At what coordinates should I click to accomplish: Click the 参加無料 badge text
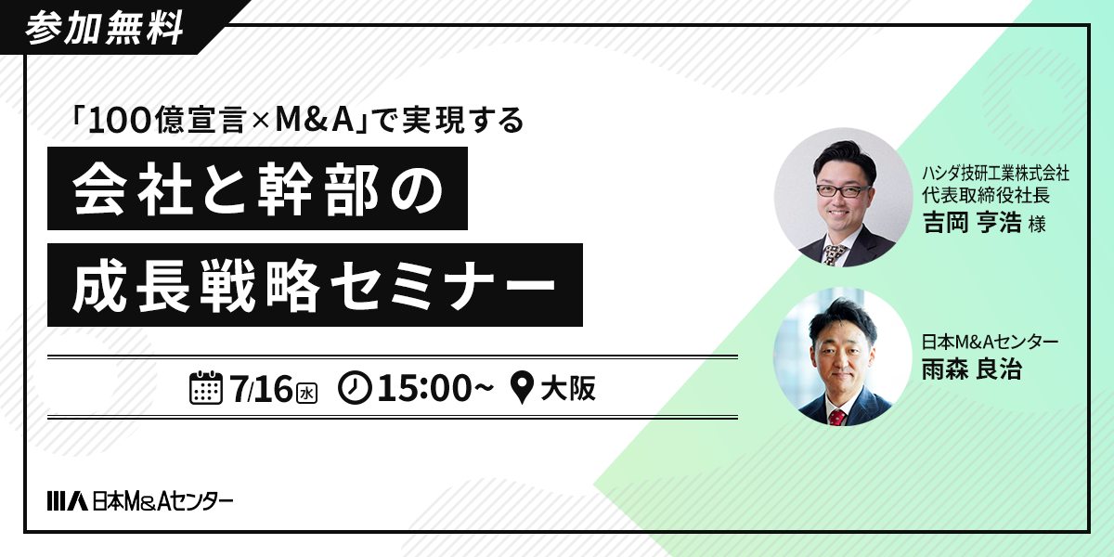pos(104,28)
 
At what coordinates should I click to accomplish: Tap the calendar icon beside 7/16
pos(206,387)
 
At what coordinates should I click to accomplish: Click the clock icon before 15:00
pos(355,388)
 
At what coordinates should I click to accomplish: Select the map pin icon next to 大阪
pos(522,388)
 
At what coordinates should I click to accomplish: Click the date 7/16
pos(262,388)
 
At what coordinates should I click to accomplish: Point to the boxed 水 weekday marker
pos(307,394)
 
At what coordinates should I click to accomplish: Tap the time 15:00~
pos(435,388)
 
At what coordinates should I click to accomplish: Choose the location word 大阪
pos(568,388)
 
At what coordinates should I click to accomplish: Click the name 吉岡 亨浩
pos(972,222)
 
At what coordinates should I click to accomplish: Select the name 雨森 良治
pos(972,369)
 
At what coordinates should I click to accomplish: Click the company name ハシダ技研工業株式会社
pos(995,173)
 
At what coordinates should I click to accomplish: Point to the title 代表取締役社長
pos(986,195)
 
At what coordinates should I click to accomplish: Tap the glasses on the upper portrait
pos(844,191)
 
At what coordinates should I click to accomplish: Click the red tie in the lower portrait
pos(837,417)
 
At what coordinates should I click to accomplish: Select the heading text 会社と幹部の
pos(258,189)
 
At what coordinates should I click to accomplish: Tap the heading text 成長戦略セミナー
pos(315,285)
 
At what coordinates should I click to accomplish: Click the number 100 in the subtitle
pos(120,122)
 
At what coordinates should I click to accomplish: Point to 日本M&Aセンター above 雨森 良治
pos(990,343)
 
